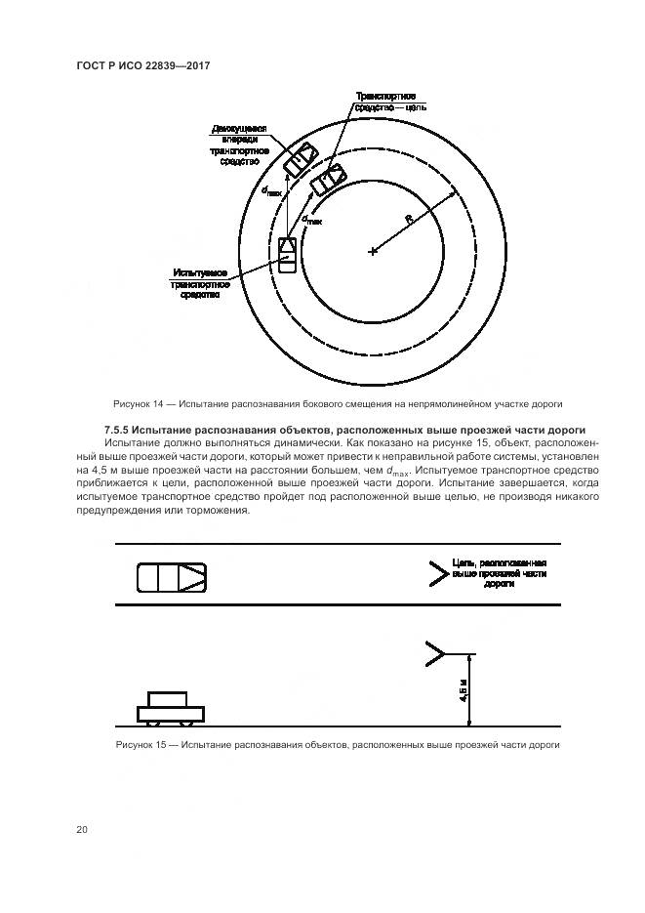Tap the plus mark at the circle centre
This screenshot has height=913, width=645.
[372, 251]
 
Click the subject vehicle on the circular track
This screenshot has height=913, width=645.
[288, 254]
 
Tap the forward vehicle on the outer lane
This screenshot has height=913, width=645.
[300, 159]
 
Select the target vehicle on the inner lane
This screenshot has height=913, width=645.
[327, 179]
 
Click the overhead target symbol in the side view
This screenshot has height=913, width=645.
[435, 653]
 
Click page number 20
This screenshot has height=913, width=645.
[82, 830]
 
